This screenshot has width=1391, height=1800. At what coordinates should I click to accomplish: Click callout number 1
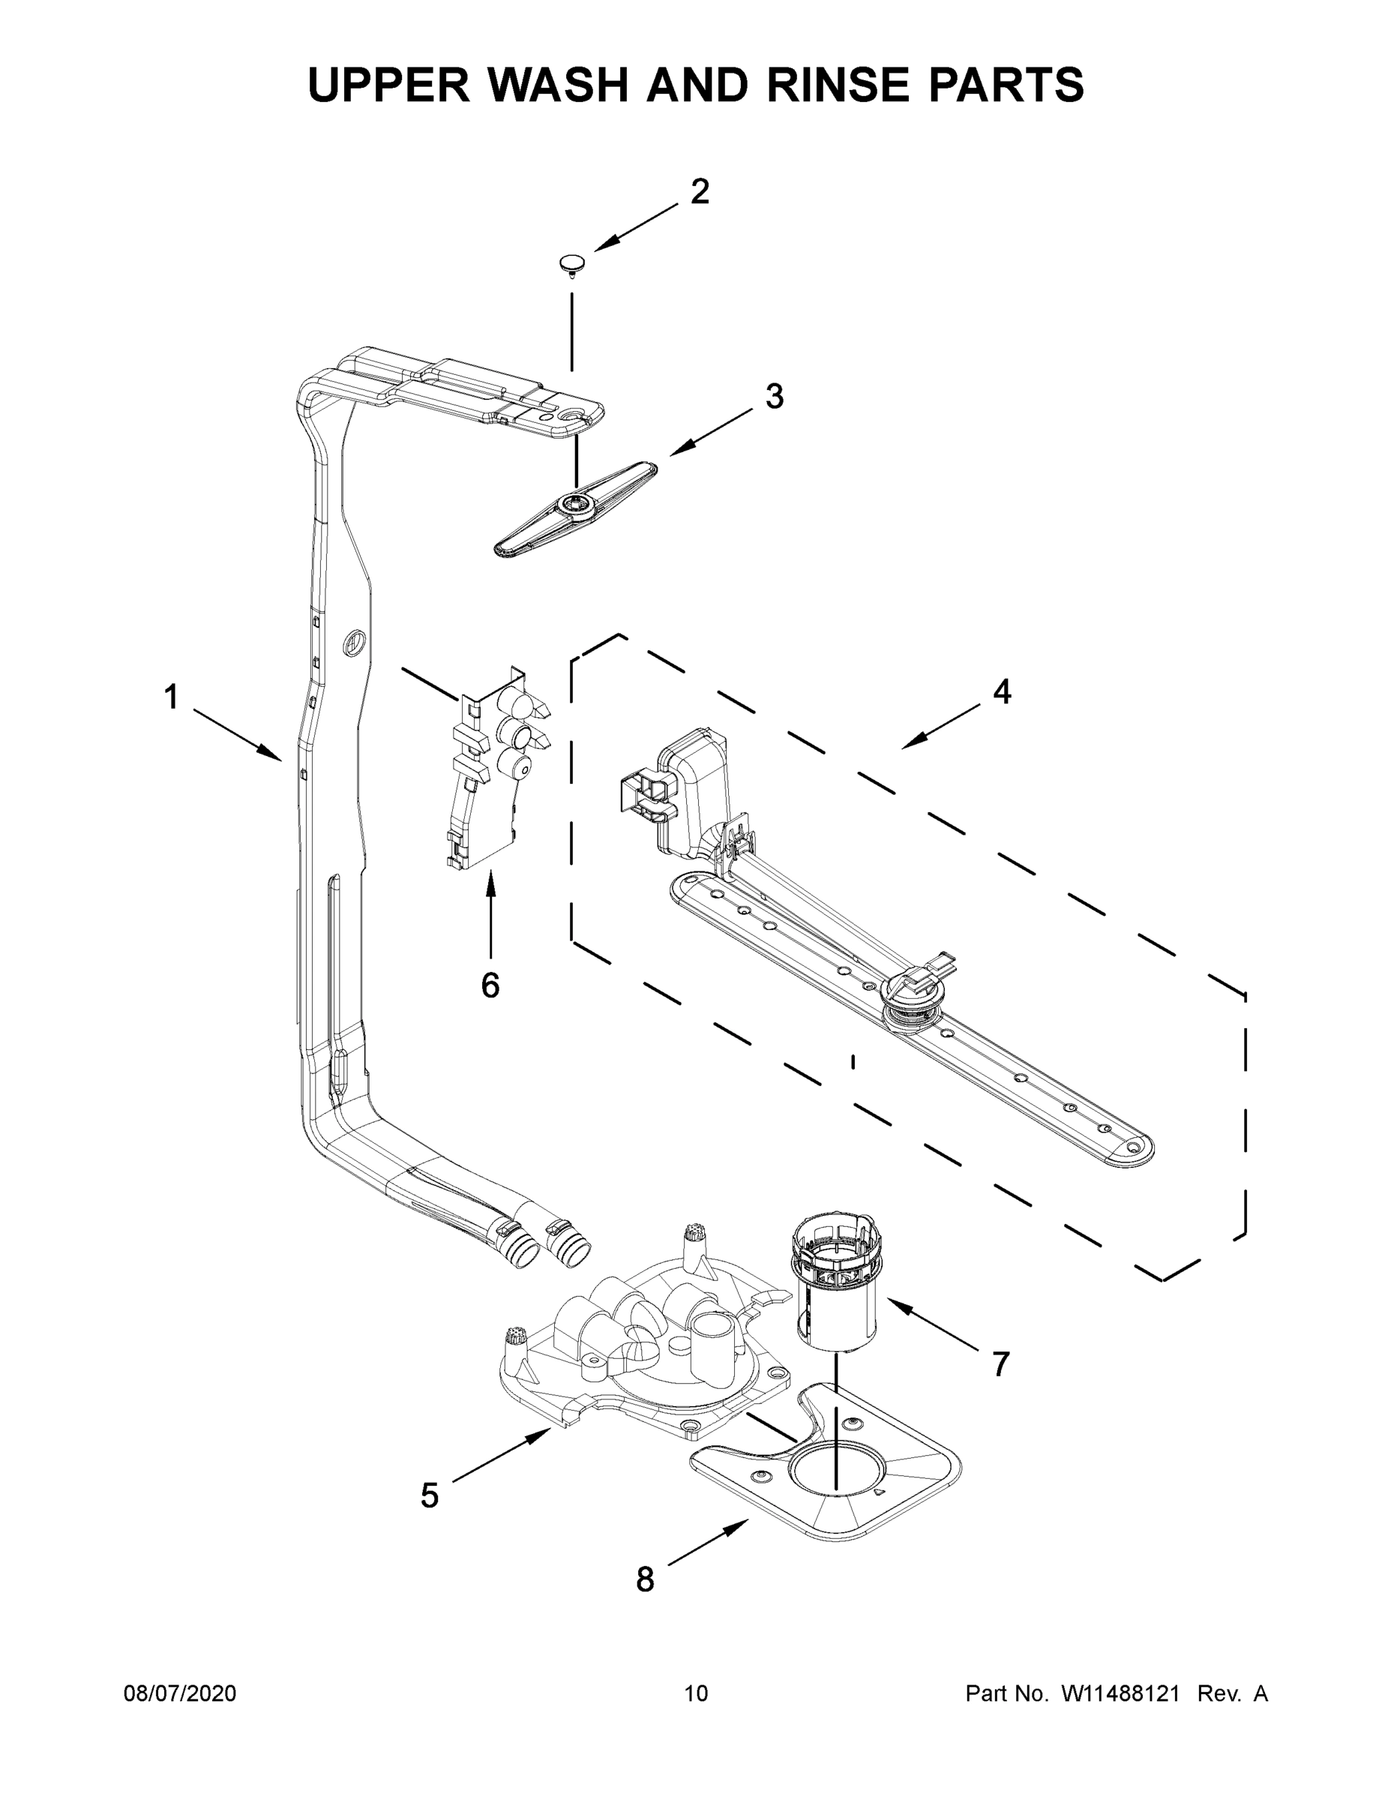point(170,698)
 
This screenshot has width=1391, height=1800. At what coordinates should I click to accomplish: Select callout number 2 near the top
point(700,192)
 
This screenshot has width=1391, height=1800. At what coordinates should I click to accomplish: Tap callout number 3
point(774,397)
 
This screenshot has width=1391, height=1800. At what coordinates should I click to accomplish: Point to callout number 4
point(1001,691)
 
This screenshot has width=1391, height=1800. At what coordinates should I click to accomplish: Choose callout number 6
point(490,985)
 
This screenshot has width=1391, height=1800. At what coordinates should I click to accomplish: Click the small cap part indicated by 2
point(570,264)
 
